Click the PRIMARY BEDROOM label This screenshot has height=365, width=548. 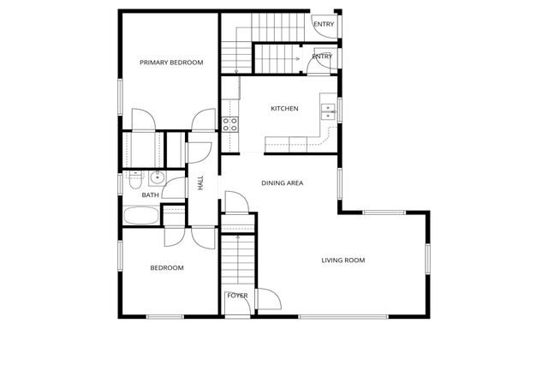point(172,63)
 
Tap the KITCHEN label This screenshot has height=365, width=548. point(284,109)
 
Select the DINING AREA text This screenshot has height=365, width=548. point(283,182)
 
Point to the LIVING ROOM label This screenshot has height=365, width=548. point(343,260)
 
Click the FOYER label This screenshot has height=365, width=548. point(237,296)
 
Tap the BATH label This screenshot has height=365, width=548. point(150,195)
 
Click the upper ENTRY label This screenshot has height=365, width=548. point(324,24)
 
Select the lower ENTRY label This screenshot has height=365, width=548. point(322,57)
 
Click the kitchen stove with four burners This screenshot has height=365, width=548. point(230,123)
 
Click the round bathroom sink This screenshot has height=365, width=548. point(156,178)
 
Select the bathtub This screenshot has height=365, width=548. point(141,215)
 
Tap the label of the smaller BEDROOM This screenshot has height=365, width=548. point(167,268)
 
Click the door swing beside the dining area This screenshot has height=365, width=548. point(236,203)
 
